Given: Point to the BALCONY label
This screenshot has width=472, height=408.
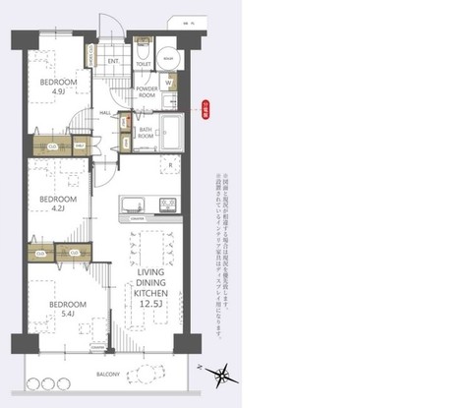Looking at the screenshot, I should click(x=109, y=375).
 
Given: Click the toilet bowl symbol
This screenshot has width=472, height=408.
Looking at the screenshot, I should click(x=144, y=48).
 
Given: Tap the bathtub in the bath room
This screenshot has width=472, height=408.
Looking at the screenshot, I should click(x=173, y=130).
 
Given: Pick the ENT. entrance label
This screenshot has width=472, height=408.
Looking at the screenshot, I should click(x=113, y=62).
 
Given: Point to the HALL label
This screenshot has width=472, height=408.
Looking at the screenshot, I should click(x=105, y=113).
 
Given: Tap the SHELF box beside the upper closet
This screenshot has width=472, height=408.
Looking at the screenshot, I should click(x=78, y=148).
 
